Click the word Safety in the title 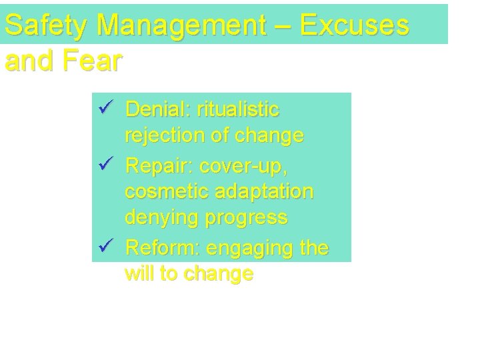point(46,25)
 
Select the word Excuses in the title point(354,25)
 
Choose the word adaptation point(265,192)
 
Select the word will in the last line point(137,274)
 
